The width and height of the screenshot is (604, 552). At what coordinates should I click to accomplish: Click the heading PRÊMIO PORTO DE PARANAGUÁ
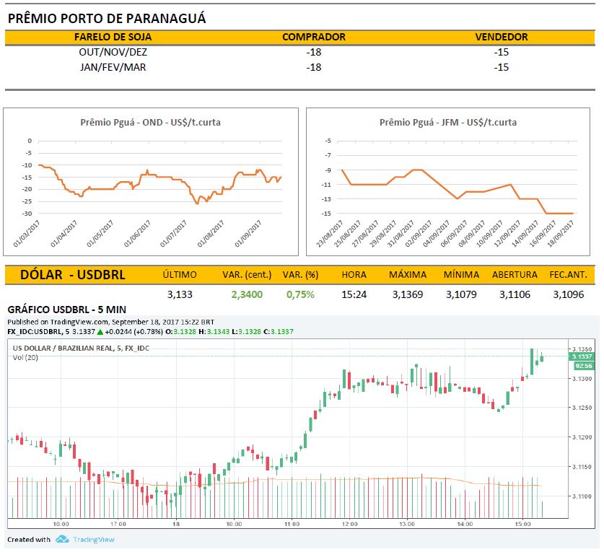(107, 19)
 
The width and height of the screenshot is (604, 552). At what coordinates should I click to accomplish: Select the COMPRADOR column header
(313, 37)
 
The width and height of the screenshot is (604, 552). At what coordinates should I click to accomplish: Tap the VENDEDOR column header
(502, 37)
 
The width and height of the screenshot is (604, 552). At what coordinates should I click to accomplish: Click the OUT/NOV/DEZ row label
(113, 52)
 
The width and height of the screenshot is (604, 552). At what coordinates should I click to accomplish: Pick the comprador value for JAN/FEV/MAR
(313, 67)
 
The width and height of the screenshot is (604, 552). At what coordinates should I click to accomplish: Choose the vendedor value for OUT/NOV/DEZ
(502, 52)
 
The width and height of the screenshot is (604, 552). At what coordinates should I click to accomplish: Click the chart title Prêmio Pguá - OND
(150, 122)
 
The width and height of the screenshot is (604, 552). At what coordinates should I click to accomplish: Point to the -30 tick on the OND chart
(27, 214)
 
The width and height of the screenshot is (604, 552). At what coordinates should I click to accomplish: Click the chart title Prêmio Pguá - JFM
(447, 122)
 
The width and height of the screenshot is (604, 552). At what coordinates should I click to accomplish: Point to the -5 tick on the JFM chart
(328, 141)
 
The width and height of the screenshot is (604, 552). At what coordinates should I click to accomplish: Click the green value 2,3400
(247, 294)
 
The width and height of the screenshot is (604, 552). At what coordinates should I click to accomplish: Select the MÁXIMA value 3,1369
(407, 294)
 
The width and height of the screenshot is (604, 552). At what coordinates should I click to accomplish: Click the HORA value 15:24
(354, 294)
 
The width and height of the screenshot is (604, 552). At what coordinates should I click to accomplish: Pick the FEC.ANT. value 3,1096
(568, 294)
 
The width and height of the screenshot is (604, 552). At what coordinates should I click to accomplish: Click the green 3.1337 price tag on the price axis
(581, 356)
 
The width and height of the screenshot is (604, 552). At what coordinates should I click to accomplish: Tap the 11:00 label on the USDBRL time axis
(291, 523)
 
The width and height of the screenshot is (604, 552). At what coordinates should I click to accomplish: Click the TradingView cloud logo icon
(62, 540)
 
